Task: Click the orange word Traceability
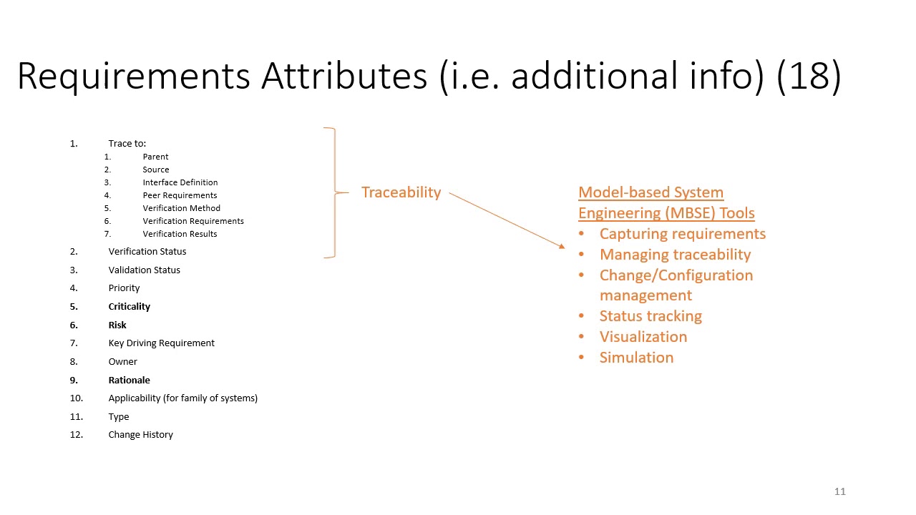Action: (x=401, y=192)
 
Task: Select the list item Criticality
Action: (x=129, y=306)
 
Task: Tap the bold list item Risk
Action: (x=117, y=325)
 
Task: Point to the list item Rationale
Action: (x=129, y=380)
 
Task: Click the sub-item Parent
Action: (x=155, y=157)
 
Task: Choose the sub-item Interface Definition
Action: (x=180, y=182)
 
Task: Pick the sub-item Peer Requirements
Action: (x=180, y=195)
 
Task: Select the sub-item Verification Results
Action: (x=180, y=234)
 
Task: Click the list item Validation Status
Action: (x=144, y=270)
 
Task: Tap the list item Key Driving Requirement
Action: (x=161, y=343)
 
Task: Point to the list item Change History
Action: (x=140, y=434)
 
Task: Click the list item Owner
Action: (x=122, y=361)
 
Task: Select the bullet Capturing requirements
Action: (x=682, y=234)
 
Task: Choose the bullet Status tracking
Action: (x=650, y=316)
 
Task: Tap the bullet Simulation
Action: (x=636, y=358)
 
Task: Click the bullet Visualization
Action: (x=643, y=337)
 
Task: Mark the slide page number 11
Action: (x=840, y=491)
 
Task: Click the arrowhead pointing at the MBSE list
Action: (x=562, y=247)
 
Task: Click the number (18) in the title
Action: (x=809, y=75)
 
